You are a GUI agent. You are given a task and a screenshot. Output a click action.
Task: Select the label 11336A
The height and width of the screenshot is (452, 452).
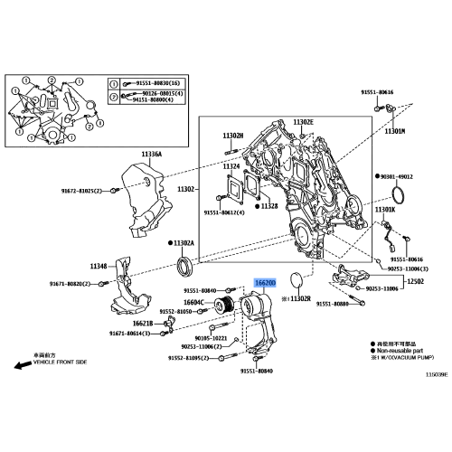pos(152,154)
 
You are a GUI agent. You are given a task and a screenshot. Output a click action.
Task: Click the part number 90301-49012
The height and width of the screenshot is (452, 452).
pos(397,176)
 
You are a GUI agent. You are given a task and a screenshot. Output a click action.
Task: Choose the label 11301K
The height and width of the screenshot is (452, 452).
pos(386,210)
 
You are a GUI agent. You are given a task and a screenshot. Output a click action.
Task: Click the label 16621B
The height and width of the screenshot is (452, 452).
pos(144,322)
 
